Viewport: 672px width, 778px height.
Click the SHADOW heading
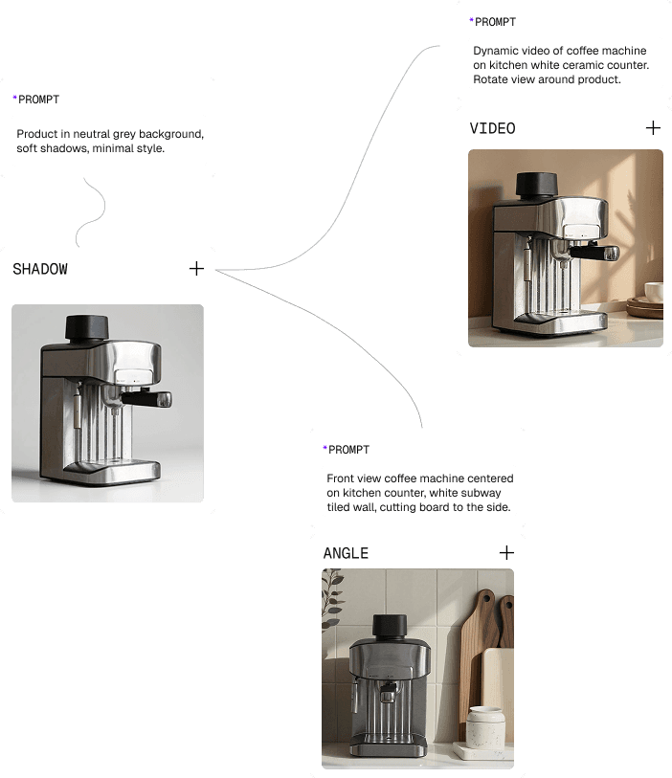[40, 269]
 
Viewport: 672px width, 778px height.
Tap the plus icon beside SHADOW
[196, 269]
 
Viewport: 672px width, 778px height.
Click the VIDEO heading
[492, 128]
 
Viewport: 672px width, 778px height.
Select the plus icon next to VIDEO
[653, 128]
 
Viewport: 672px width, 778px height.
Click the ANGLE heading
[346, 553]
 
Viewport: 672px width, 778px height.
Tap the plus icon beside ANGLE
[506, 553]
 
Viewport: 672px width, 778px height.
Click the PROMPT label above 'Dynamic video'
[495, 22]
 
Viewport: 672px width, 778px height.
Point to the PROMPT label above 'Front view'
[348, 450]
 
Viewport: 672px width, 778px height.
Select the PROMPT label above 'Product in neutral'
[38, 100]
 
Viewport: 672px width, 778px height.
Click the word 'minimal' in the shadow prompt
[113, 148]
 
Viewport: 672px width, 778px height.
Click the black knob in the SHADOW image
[87, 327]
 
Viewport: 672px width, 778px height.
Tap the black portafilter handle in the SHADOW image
[146, 399]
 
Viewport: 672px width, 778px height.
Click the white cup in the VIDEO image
[654, 291]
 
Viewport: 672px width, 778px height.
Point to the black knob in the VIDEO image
[536, 185]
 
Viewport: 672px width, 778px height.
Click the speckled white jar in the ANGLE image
[486, 727]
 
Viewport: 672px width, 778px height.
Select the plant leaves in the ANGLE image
[332, 599]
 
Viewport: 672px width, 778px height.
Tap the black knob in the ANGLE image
[390, 627]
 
